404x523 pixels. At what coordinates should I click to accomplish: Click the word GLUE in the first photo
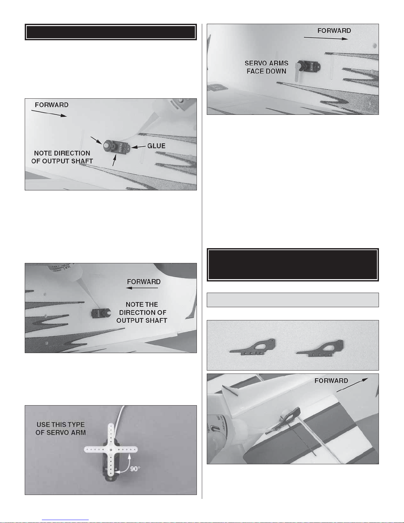[156, 146]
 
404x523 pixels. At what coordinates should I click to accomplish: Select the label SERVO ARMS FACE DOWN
[266, 67]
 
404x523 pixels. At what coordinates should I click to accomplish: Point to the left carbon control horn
[253, 347]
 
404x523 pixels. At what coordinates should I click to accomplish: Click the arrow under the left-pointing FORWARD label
[142, 288]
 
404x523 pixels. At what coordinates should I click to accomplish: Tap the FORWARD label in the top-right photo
[334, 31]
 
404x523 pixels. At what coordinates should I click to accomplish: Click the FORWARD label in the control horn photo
[331, 381]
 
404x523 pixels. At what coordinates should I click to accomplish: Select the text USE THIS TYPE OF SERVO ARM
[61, 429]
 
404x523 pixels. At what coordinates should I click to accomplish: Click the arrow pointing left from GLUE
[138, 147]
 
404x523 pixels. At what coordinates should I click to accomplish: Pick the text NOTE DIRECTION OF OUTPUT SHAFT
[62, 157]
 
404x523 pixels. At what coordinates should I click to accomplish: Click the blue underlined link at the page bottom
[65, 520]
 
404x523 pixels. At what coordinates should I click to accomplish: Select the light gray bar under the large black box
[293, 300]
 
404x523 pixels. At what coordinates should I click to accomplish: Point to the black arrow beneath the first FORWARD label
[49, 114]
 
